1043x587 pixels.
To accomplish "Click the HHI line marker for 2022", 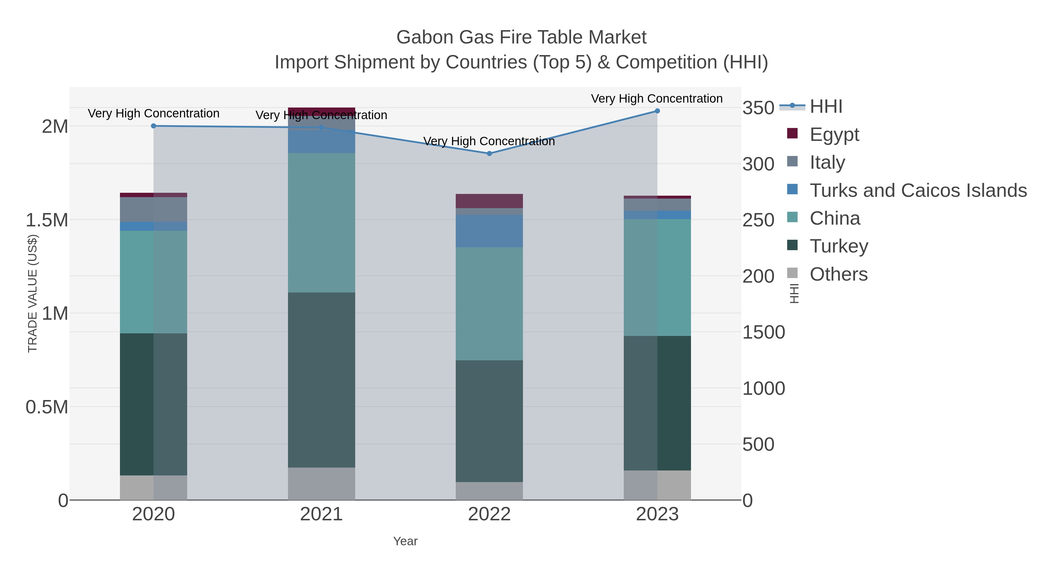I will (489, 154).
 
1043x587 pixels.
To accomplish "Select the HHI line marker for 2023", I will (657, 111).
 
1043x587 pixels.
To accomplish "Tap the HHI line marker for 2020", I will (154, 126).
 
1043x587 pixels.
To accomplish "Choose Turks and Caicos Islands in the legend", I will (918, 190).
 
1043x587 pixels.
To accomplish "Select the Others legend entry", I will (838, 274).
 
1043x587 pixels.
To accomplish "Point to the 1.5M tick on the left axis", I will (47, 220).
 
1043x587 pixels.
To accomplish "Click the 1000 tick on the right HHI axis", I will (763, 388).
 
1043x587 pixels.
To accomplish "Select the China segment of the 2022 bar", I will (489, 304).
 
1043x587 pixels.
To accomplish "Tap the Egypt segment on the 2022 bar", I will (489, 201).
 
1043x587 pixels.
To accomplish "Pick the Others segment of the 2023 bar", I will (657, 485).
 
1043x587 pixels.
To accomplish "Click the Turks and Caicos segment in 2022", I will (489, 231).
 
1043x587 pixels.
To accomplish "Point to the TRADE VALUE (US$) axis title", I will (32, 294).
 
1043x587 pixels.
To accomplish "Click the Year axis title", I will (405, 541).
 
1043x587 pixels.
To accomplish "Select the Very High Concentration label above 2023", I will (657, 99).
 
